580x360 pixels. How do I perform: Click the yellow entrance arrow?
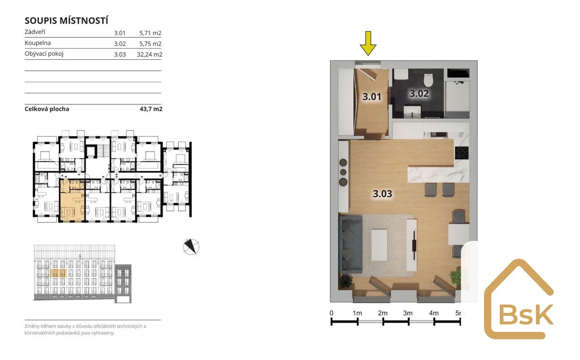click(x=368, y=43)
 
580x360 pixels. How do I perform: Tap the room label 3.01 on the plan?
click(x=372, y=96)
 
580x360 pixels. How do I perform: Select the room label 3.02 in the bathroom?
click(x=419, y=93)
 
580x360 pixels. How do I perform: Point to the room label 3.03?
click(x=382, y=194)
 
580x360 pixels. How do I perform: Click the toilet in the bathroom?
click(x=429, y=80)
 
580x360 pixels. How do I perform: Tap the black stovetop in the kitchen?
click(x=462, y=153)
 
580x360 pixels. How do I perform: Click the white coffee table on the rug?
click(x=379, y=245)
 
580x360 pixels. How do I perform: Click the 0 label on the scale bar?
click(x=331, y=313)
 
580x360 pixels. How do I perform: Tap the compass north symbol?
click(x=191, y=247)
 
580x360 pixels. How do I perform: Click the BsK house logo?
click(x=519, y=299)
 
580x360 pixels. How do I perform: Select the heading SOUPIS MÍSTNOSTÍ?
click(x=66, y=21)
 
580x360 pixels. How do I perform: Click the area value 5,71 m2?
click(x=150, y=33)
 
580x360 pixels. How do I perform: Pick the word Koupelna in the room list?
click(x=38, y=43)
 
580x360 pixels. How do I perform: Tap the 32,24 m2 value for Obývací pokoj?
click(x=150, y=54)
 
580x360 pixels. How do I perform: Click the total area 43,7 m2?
click(x=151, y=109)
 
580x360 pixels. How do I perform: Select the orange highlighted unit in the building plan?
click(x=72, y=201)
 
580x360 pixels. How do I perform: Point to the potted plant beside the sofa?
click(x=345, y=281)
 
